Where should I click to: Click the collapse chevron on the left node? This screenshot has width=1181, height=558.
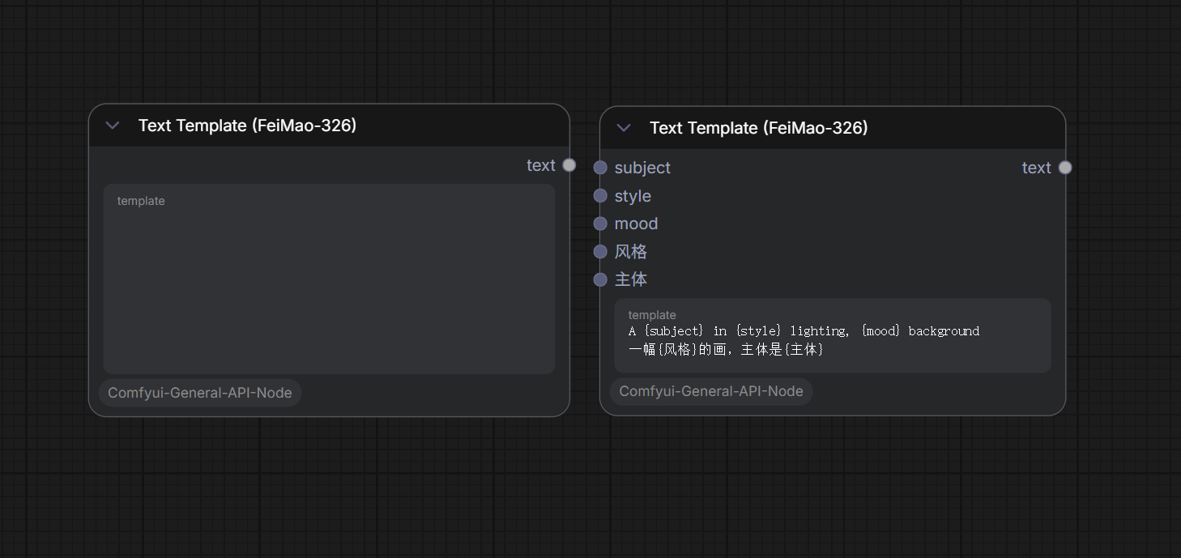click(113, 126)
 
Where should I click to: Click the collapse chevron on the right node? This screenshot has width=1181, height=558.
click(624, 127)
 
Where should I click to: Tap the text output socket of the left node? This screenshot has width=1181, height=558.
click(569, 165)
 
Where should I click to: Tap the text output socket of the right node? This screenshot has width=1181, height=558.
click(1065, 168)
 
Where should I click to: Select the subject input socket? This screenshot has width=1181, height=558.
click(600, 168)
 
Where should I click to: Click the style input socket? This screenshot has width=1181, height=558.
click(600, 195)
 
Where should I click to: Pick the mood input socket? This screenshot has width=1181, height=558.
click(600, 224)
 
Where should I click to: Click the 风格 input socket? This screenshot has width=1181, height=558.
click(600, 251)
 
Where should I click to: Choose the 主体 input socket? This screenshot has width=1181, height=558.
click(600, 279)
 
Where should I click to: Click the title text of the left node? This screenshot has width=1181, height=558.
click(247, 126)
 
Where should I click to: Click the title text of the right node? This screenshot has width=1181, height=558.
click(759, 127)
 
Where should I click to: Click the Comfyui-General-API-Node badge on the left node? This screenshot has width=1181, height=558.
click(200, 393)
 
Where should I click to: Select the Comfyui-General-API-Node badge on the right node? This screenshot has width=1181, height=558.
click(710, 391)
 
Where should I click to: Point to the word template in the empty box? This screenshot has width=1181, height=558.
click(141, 201)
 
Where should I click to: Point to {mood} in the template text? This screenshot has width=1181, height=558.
click(880, 331)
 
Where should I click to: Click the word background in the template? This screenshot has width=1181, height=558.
click(944, 331)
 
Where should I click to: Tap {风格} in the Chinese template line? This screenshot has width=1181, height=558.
click(677, 349)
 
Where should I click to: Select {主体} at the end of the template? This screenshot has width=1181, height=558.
click(804, 349)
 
